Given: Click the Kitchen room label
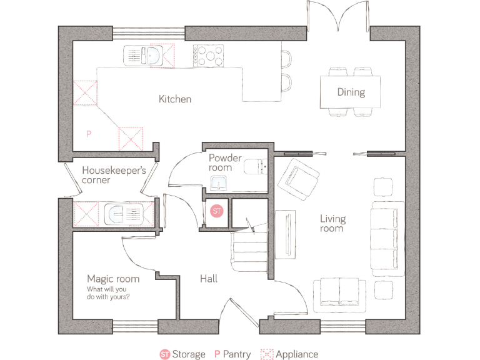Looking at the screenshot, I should click(175, 99).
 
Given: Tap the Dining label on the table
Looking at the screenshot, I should click(351, 92).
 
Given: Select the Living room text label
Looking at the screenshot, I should click(332, 224).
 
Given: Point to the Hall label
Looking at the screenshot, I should click(209, 279).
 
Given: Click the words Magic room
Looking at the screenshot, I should click(113, 279).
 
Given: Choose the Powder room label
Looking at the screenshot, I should click(225, 162).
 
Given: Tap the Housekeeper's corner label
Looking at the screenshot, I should click(114, 175).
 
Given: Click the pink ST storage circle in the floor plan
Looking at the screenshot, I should click(217, 211).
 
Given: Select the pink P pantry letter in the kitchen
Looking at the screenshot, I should click(89, 134).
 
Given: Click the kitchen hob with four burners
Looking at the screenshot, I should click(208, 56).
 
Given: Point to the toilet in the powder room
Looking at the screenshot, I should click(255, 167).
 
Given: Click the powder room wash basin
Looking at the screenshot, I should click(219, 182).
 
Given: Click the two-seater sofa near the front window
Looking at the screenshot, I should click(340, 293).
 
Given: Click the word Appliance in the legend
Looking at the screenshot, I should click(297, 354).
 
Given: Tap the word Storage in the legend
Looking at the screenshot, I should click(189, 354).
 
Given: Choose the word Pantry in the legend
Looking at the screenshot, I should click(237, 354).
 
